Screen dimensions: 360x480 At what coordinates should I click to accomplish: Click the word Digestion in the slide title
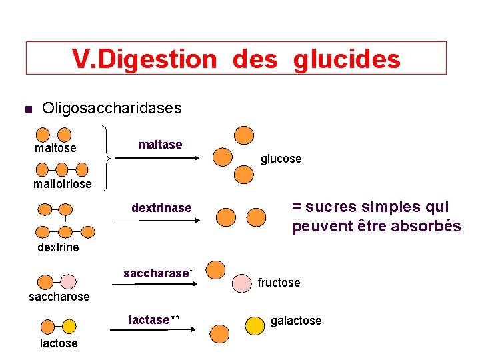(158, 59)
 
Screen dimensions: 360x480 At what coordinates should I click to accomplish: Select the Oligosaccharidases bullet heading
(111, 108)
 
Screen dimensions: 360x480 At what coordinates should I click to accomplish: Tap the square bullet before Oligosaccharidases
(27, 109)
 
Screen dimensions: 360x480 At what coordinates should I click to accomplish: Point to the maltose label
(55, 148)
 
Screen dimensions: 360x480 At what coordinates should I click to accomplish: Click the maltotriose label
(63, 183)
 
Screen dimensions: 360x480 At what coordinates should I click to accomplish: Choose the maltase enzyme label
(160, 145)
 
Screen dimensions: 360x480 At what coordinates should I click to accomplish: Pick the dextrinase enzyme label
(161, 208)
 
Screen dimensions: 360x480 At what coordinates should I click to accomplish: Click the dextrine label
(58, 247)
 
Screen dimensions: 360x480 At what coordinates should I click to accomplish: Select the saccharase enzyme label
(157, 273)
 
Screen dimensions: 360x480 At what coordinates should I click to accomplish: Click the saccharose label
(59, 297)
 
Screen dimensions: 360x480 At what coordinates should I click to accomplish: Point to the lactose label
(59, 343)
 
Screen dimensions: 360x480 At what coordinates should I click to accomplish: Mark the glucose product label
(281, 159)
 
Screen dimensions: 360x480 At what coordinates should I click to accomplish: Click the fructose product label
(279, 283)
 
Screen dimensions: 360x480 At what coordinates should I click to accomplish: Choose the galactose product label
(296, 321)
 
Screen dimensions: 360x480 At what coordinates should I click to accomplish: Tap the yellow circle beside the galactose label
(255, 325)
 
